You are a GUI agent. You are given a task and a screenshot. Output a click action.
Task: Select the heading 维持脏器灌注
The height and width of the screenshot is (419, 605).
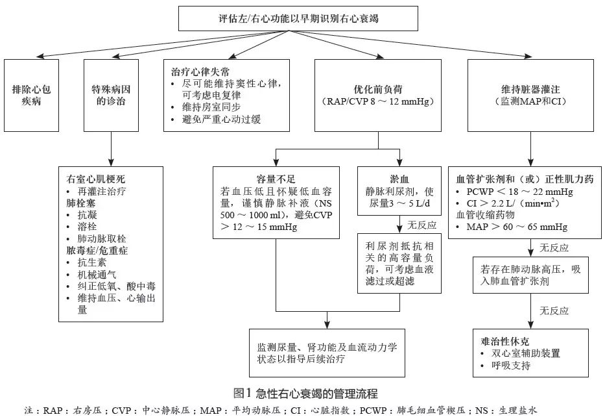click(530, 90)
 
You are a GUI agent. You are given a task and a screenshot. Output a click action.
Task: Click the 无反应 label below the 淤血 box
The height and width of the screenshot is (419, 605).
click(421, 226)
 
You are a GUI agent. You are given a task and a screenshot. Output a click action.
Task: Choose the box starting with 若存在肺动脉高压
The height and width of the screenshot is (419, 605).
click(530, 275)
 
